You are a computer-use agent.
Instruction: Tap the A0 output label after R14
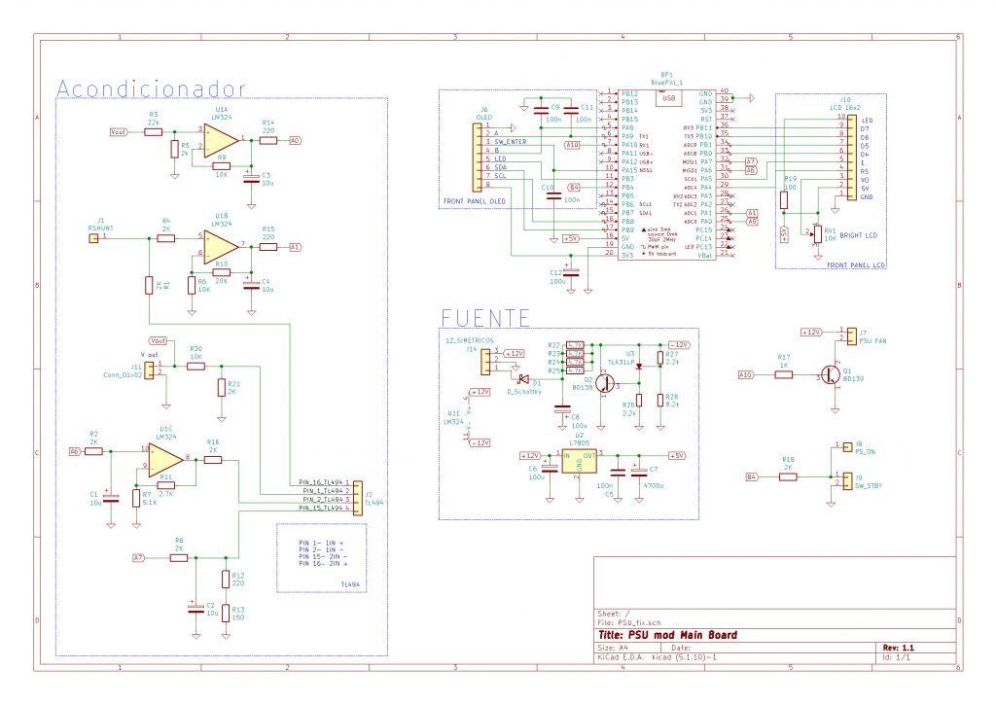click(x=295, y=140)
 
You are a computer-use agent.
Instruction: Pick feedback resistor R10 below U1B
click(x=221, y=272)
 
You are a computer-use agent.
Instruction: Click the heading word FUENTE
click(x=485, y=318)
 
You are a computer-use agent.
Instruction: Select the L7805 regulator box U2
click(x=579, y=462)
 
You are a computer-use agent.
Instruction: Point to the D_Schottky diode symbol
click(x=522, y=378)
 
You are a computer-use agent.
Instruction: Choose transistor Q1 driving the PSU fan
click(x=833, y=374)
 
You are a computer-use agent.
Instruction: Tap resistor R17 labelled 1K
click(x=784, y=373)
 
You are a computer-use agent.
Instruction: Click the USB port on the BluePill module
click(x=668, y=97)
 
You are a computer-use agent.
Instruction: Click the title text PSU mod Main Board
click(x=683, y=635)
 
